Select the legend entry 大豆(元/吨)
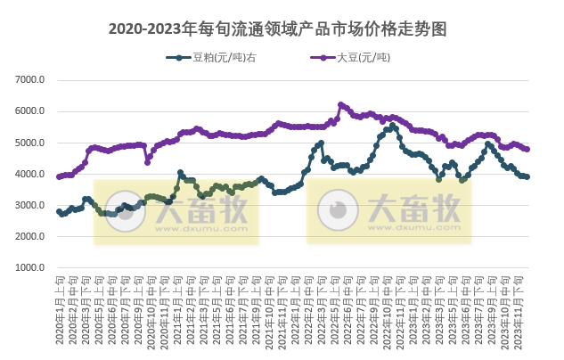[x=364, y=59]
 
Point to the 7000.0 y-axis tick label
[x=30, y=80]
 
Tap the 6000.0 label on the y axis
[x=30, y=111]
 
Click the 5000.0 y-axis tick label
[x=30, y=143]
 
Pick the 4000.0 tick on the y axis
[x=30, y=174]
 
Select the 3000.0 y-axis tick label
[x=30, y=205]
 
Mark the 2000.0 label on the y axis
[x=30, y=236]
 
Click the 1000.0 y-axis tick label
[x=30, y=267]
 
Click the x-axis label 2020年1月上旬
[x=59, y=307]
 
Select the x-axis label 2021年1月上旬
[x=178, y=307]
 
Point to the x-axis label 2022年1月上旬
[x=298, y=307]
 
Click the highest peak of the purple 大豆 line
[x=340, y=104]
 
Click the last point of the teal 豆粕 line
[x=528, y=176]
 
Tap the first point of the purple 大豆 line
[x=59, y=176]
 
